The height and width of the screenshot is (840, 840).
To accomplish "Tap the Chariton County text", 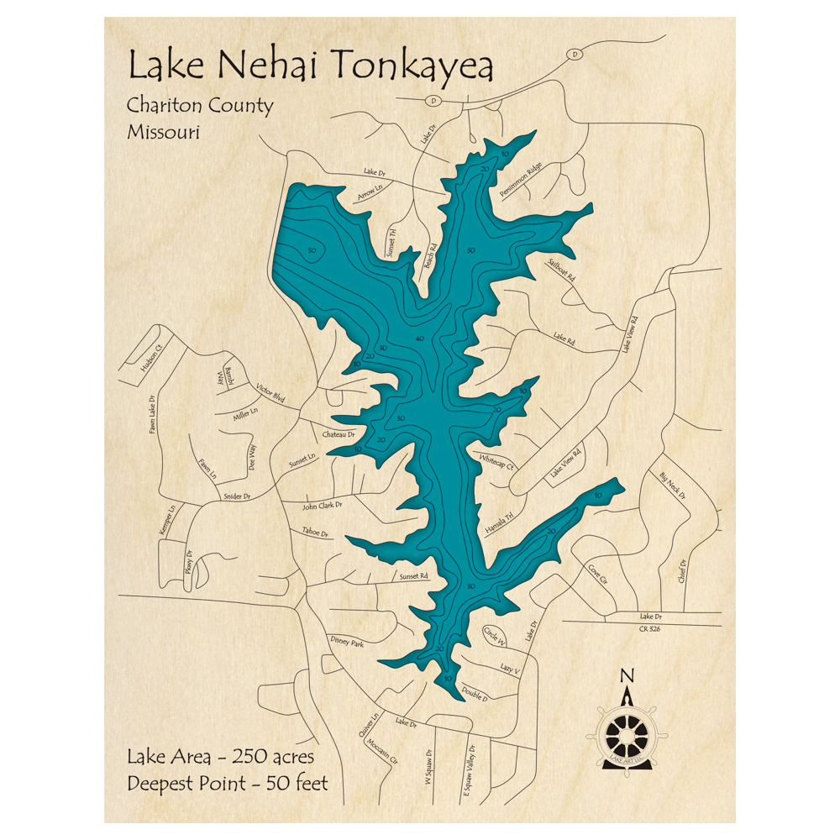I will click(200, 107).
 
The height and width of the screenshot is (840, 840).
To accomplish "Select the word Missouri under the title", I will click(163, 132).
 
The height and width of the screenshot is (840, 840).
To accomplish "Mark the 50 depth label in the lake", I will click(311, 251).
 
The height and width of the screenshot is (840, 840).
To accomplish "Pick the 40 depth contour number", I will click(419, 339).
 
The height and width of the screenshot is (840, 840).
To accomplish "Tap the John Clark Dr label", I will click(323, 506).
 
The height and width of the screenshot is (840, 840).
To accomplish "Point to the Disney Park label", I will click(346, 643).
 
